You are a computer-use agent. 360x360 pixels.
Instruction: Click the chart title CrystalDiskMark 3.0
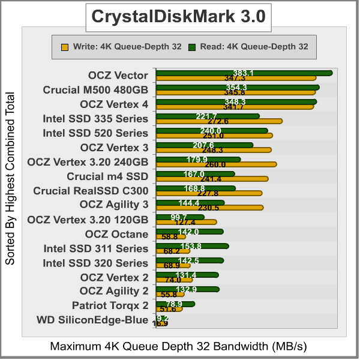tap(178, 17)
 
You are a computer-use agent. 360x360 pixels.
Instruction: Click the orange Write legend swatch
tap(64, 46)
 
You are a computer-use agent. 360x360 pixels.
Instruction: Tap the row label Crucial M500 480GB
tap(95, 90)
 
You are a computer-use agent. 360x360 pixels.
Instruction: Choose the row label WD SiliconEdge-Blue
tap(92, 320)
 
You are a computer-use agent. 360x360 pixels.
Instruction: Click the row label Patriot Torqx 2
tap(110, 305)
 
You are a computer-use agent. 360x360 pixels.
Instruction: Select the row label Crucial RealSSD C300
tap(91, 191)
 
